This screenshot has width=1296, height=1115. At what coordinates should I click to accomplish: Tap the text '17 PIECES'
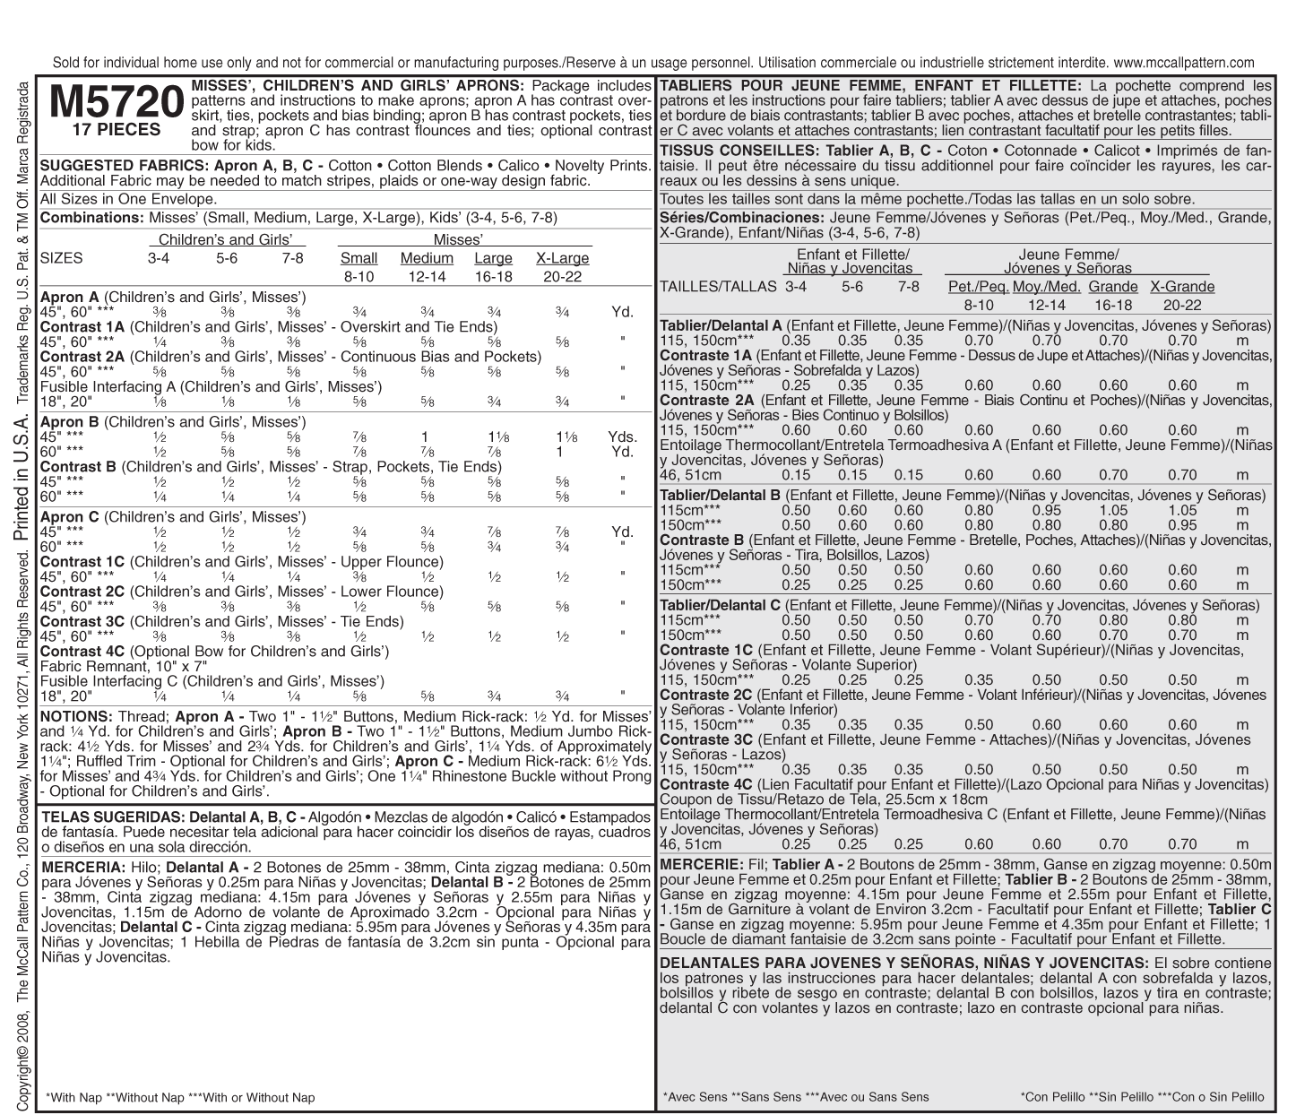[x=117, y=129]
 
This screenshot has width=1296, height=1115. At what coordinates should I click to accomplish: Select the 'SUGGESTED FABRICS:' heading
[x=123, y=166]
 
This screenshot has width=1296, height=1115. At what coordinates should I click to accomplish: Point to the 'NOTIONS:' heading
[x=76, y=717]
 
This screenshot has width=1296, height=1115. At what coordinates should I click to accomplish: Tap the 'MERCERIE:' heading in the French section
[x=701, y=864]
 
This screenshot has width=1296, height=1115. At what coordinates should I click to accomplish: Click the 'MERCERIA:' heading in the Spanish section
[x=82, y=868]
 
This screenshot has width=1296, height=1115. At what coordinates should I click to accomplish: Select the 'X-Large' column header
[x=562, y=258]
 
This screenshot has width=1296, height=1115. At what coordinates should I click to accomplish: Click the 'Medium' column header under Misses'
[x=427, y=258]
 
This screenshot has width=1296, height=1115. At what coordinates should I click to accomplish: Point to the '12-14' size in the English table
[x=427, y=277]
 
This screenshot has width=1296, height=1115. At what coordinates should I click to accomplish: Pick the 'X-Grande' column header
[x=1182, y=287]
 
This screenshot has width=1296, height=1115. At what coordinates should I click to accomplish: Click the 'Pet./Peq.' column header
[x=978, y=287]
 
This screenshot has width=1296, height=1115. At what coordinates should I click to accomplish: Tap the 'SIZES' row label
[x=62, y=258]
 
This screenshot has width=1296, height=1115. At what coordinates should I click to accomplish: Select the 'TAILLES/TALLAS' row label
[x=718, y=287]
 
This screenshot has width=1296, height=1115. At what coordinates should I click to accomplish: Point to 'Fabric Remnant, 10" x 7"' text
[x=124, y=667]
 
